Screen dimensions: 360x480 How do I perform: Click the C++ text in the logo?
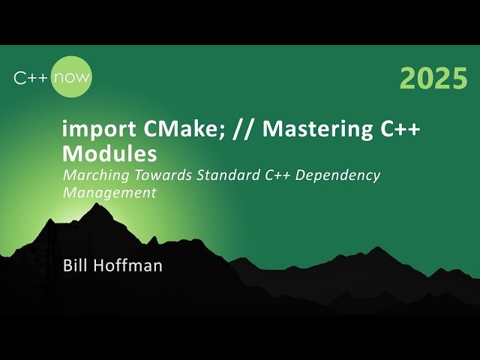(31, 76)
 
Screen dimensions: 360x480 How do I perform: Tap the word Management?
(109, 193)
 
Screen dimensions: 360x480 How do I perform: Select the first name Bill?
(76, 265)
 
